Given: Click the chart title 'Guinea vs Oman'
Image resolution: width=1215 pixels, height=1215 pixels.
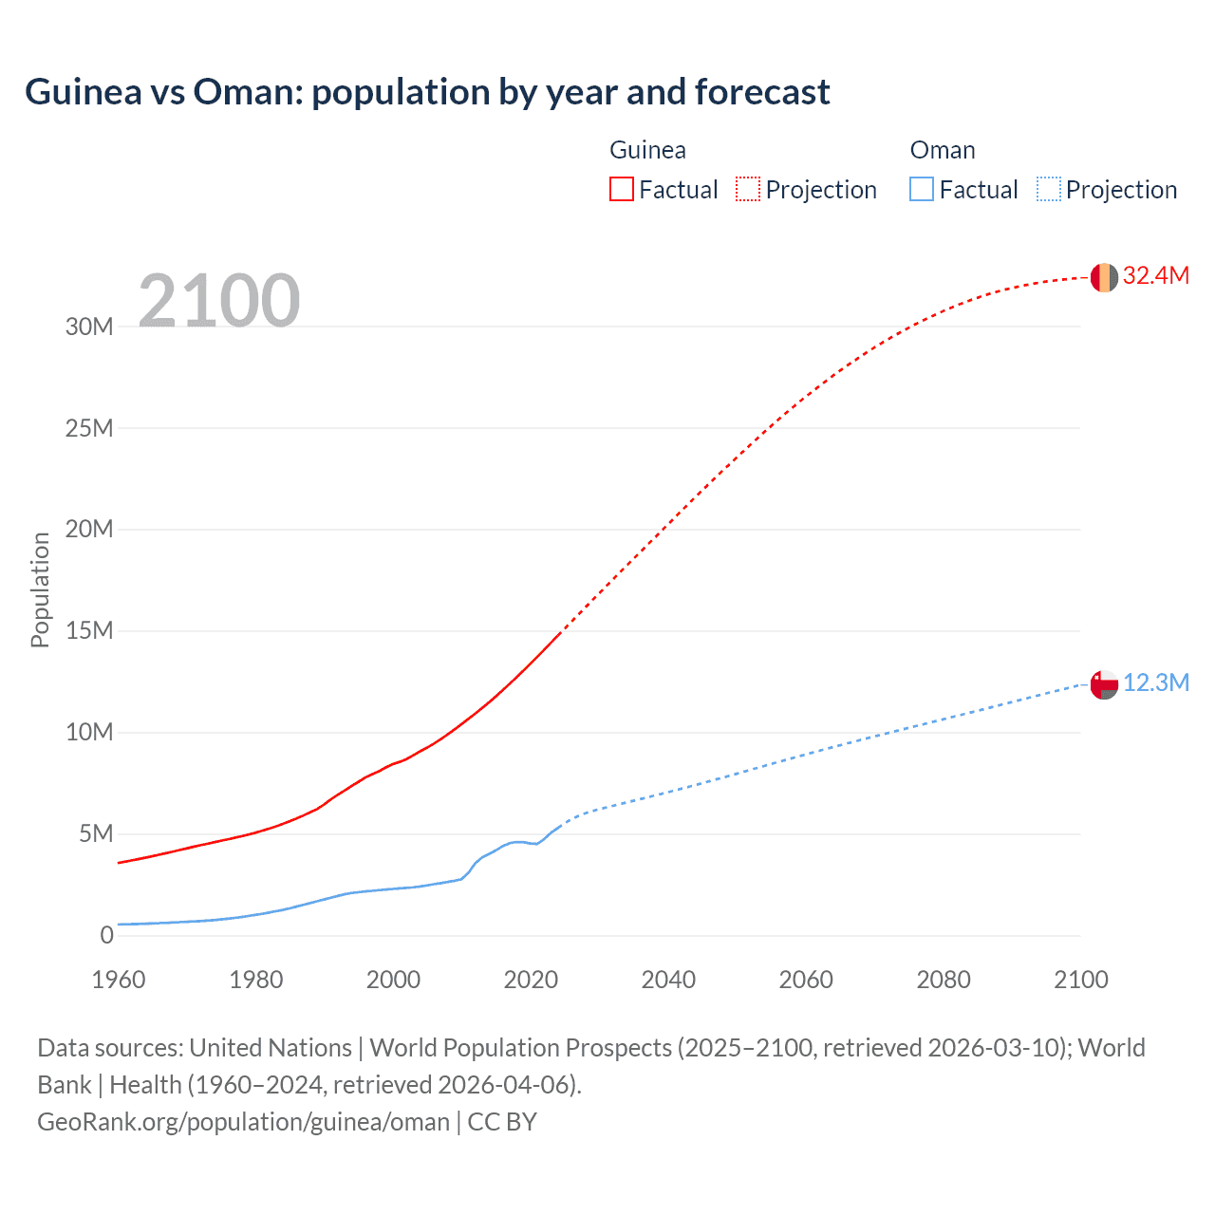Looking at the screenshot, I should (x=427, y=92).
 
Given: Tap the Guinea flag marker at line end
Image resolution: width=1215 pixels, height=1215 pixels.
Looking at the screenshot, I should (x=1104, y=277).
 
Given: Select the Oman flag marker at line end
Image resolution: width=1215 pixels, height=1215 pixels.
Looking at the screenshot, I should (x=1104, y=684).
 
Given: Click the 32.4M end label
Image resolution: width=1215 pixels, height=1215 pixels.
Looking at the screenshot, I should (x=1155, y=276).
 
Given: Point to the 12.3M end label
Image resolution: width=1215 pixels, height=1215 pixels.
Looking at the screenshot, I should (x=1155, y=683).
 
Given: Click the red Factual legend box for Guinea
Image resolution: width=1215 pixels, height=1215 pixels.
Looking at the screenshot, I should (x=622, y=189).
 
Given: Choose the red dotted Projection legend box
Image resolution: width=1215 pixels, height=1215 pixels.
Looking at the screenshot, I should (x=748, y=189).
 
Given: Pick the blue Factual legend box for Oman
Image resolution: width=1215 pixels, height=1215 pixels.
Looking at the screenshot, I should (x=922, y=189).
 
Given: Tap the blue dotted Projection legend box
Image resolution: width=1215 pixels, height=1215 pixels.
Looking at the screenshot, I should (x=1049, y=189).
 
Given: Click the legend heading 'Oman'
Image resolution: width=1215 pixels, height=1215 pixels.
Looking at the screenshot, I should (x=943, y=150).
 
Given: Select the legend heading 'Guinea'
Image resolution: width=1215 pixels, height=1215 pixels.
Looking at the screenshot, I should (x=647, y=150).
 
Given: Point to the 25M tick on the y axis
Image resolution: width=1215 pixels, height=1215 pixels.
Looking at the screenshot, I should (x=89, y=428).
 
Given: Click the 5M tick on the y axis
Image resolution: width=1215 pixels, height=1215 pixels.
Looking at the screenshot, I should (x=96, y=834).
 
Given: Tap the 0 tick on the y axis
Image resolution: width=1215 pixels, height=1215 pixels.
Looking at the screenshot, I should (x=106, y=936).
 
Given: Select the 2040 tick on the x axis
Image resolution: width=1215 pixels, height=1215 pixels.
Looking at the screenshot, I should (x=668, y=980).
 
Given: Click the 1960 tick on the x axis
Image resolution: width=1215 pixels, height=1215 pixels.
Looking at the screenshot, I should (x=119, y=980).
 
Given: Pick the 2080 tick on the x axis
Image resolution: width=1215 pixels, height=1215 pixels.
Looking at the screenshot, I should (x=944, y=980).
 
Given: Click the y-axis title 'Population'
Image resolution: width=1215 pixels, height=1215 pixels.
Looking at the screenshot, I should (x=40, y=589).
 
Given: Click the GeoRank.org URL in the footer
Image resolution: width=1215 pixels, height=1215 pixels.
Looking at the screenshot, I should (x=243, y=1122).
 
